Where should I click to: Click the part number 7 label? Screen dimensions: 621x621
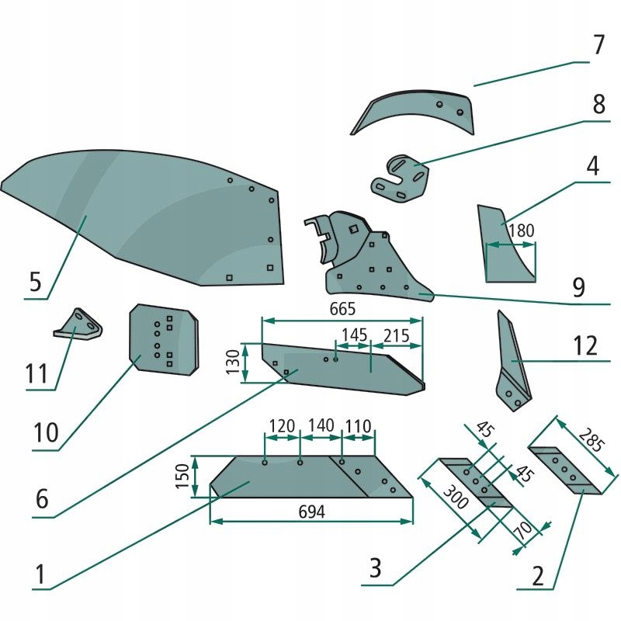(x=597, y=44)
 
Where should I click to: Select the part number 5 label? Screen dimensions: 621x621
(x=35, y=281)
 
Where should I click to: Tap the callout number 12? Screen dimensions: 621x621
(x=588, y=345)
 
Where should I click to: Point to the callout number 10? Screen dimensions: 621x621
(x=47, y=432)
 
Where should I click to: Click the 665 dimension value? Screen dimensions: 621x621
(x=342, y=309)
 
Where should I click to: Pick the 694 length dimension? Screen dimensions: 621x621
(x=311, y=512)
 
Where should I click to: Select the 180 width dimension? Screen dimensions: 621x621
(x=522, y=231)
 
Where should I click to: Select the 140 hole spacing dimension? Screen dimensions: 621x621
(x=321, y=425)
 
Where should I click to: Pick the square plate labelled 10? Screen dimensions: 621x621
(x=163, y=340)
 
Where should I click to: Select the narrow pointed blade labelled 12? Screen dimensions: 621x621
(x=512, y=361)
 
